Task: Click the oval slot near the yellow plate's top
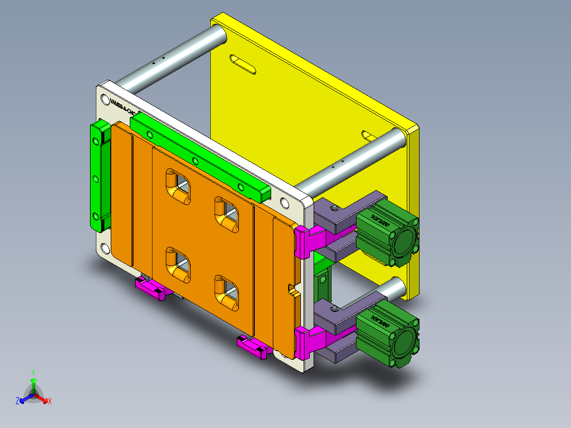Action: click(243, 64)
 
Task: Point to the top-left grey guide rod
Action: click(169, 58)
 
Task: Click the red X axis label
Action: click(50, 402)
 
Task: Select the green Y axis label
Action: click(33, 372)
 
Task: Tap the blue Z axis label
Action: click(17, 401)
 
